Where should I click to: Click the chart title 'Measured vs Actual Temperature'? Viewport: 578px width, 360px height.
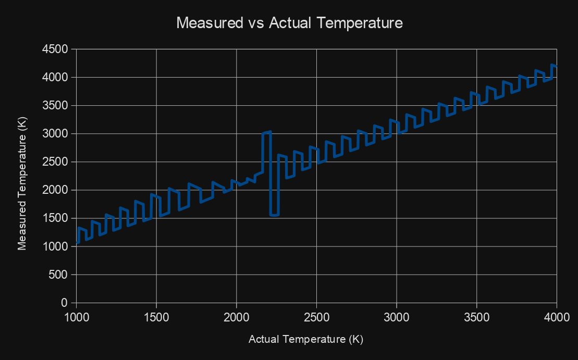[x=289, y=23]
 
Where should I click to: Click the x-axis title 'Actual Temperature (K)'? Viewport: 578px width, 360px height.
[x=306, y=339]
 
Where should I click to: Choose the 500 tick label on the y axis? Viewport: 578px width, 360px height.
[x=60, y=275]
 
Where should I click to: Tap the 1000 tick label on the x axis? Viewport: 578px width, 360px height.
[x=77, y=316]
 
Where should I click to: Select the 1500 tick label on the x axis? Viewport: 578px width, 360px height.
[x=156, y=316]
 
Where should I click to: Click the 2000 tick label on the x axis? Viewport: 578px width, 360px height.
[x=237, y=316]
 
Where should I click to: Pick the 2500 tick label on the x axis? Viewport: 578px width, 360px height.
[x=317, y=316]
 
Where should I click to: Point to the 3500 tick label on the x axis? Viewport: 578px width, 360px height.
[x=477, y=316]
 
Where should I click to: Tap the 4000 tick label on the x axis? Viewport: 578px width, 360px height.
[x=557, y=316]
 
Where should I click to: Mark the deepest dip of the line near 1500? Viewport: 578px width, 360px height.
[x=274, y=215]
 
